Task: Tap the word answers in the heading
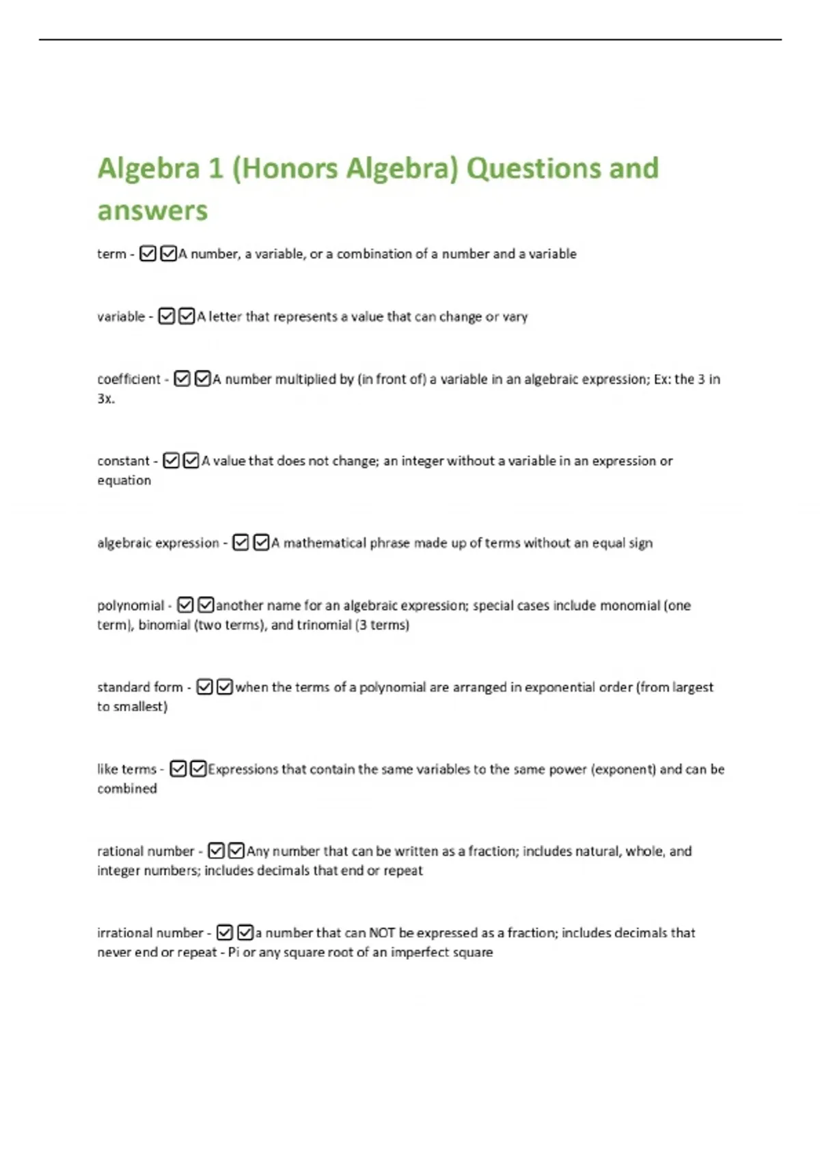point(152,211)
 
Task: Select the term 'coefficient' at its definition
point(128,379)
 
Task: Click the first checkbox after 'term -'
point(148,254)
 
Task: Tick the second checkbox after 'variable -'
point(187,316)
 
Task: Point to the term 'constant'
point(123,461)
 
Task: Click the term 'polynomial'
point(131,606)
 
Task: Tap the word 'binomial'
point(164,625)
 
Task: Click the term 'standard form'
point(140,687)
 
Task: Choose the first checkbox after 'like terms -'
point(178,769)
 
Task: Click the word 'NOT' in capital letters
point(382,933)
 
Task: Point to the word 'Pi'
point(234,952)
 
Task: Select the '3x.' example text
point(106,398)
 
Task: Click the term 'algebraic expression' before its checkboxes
point(158,543)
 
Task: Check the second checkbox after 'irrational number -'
point(245,932)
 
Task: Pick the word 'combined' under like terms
point(127,788)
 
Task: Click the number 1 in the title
point(216,169)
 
